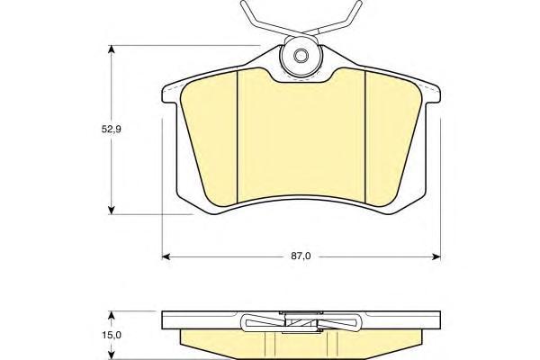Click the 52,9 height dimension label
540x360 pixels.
click(x=112, y=130)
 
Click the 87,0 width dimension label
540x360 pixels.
click(x=301, y=256)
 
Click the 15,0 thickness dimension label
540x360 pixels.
click(x=112, y=335)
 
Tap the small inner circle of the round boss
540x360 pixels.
click(x=301, y=56)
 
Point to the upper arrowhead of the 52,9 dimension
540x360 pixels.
click(x=111, y=49)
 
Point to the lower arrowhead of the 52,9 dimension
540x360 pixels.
click(x=111, y=210)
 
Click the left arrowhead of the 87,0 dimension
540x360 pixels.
click(x=166, y=256)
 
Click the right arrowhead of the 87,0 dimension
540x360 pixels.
click(x=436, y=256)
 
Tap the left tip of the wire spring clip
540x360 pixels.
click(x=243, y=3)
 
